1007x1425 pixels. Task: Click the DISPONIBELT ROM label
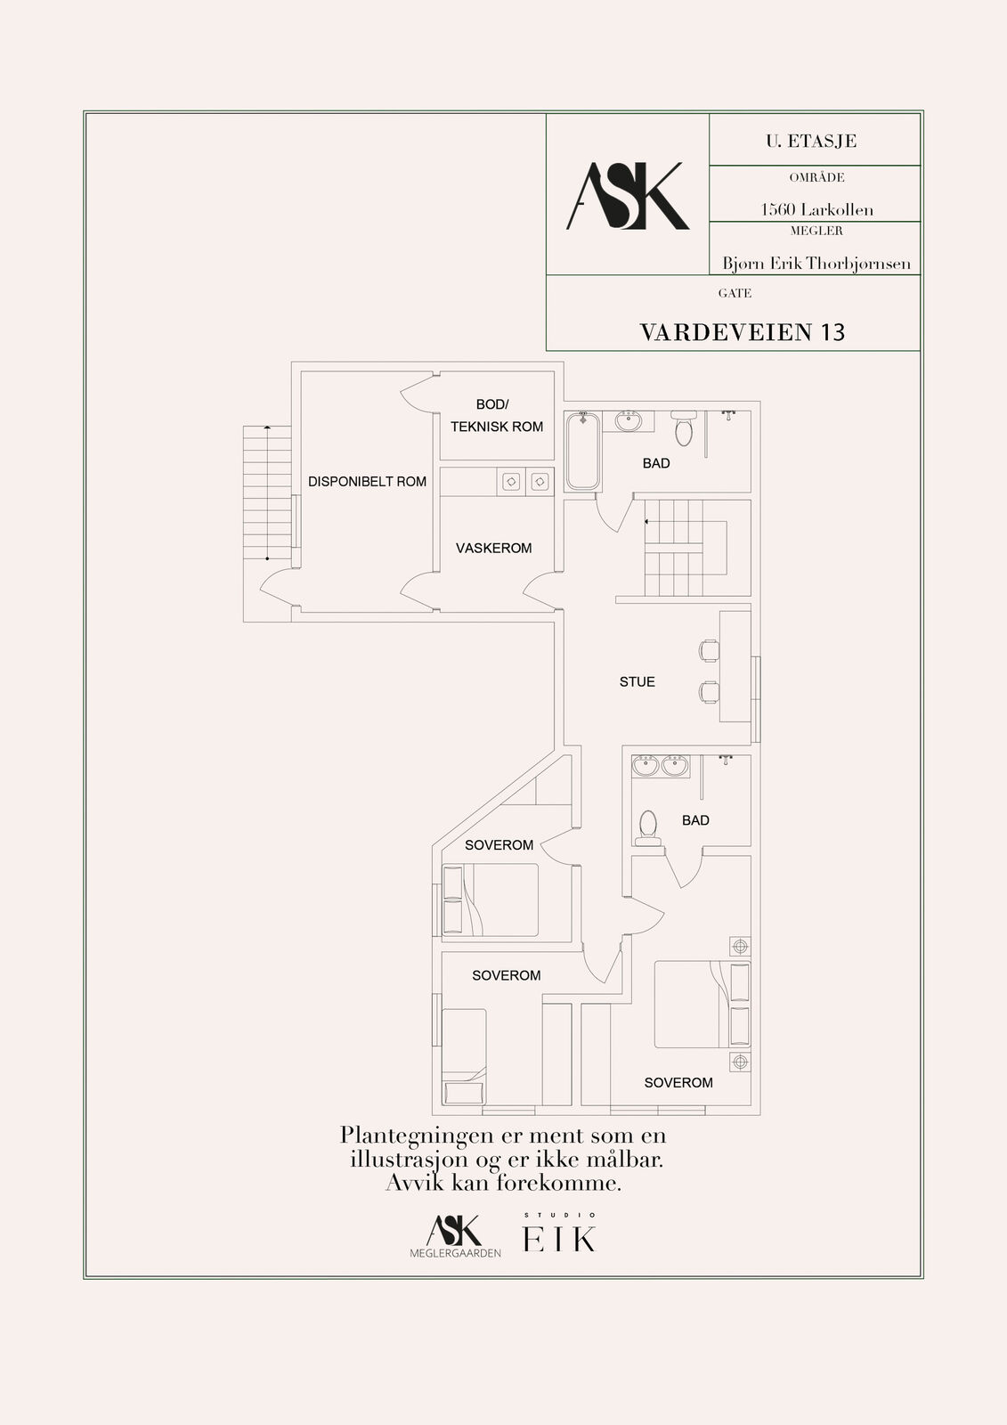367,482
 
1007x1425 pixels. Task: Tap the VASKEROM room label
493,548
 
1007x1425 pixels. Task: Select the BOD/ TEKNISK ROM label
497,415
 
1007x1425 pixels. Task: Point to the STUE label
637,682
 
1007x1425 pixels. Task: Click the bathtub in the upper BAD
582,451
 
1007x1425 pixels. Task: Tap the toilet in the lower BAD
648,828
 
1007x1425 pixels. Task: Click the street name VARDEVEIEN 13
742,332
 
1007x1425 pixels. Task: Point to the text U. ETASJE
811,142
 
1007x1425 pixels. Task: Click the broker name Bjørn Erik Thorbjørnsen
816,264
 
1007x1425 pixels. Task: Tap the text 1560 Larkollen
816,209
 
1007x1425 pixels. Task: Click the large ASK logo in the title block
627,196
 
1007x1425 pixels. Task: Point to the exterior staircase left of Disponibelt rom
267,493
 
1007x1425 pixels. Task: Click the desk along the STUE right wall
735,667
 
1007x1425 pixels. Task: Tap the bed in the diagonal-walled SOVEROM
490,900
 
